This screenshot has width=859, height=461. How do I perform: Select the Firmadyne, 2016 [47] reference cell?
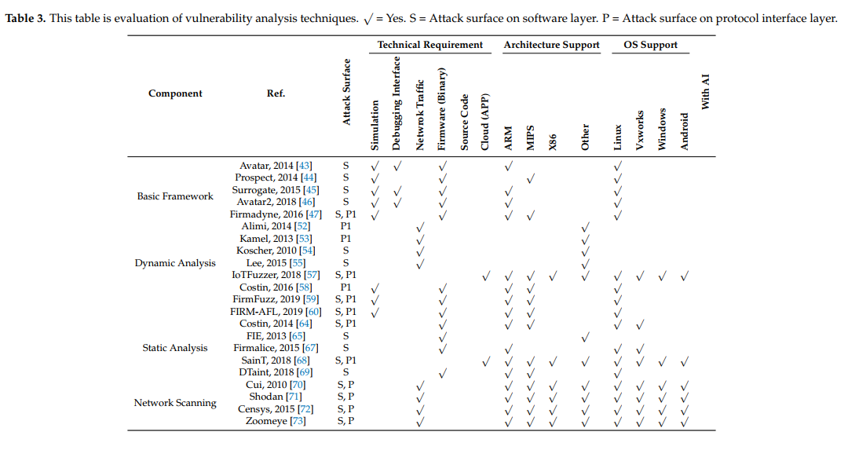pyautogui.click(x=270, y=214)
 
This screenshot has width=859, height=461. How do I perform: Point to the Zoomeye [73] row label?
pyautogui.click(x=275, y=421)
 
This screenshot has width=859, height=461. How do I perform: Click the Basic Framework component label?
pyautogui.click(x=175, y=196)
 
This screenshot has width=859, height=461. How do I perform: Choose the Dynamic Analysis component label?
pyautogui.click(x=175, y=263)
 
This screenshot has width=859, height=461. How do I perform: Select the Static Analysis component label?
pyautogui.click(x=175, y=348)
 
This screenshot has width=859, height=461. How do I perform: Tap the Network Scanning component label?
pyautogui.click(x=175, y=403)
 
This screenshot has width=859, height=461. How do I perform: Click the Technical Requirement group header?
pyautogui.click(x=430, y=45)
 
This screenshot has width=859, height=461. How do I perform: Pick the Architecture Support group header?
pyautogui.click(x=551, y=45)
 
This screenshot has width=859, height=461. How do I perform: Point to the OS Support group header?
pyautogui.click(x=650, y=45)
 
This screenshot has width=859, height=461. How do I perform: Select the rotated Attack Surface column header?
pyautogui.click(x=346, y=93)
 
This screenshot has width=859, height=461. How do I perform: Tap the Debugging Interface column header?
pyautogui.click(x=397, y=103)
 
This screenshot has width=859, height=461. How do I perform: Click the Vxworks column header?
pyautogui.click(x=640, y=130)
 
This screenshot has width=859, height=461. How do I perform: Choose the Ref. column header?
pyautogui.click(x=276, y=93)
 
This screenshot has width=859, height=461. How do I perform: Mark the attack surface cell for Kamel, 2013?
pyautogui.click(x=345, y=239)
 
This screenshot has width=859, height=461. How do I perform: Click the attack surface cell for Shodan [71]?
pyautogui.click(x=345, y=397)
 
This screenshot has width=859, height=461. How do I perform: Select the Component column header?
pyautogui.click(x=175, y=93)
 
